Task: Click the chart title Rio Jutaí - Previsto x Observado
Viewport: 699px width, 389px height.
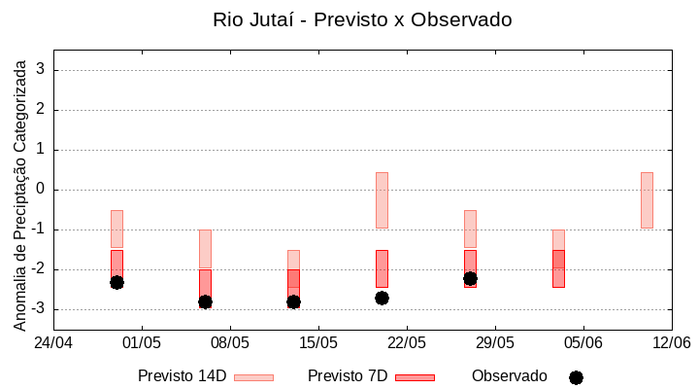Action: [x=362, y=19]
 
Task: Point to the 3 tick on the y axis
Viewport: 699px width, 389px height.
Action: [x=42, y=70]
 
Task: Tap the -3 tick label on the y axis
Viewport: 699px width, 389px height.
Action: [x=38, y=309]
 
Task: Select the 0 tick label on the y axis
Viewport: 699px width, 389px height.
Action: [x=42, y=190]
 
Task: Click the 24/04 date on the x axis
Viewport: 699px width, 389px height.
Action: [x=53, y=342]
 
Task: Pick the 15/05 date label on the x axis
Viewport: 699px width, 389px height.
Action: [x=318, y=342]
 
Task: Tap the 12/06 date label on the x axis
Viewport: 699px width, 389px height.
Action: [x=671, y=342]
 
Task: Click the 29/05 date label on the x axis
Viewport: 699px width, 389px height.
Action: [x=495, y=342]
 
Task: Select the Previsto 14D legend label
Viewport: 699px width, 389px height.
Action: [x=183, y=375]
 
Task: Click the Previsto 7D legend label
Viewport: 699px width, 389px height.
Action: [x=348, y=375]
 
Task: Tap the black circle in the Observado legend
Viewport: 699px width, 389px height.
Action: [x=576, y=377]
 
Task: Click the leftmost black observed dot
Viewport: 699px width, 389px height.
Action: [x=116, y=282]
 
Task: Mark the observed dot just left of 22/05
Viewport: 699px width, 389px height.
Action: [x=382, y=298]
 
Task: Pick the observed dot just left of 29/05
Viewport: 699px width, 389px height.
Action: [x=470, y=278]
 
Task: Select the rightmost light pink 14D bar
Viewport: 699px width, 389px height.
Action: [x=647, y=200]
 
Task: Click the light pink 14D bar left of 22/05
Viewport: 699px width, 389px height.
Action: [x=382, y=200]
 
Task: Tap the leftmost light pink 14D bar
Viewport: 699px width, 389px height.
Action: [x=116, y=229]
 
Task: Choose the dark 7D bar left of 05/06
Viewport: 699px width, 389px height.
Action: [x=558, y=268]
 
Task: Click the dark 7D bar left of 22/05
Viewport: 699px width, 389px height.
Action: [x=382, y=268]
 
